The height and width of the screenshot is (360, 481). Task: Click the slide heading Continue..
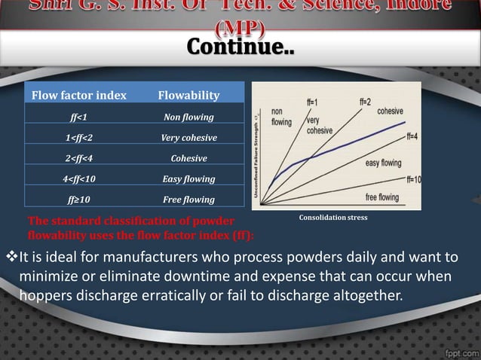(240, 49)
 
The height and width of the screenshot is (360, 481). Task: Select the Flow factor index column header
(78, 96)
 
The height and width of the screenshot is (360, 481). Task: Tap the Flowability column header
(188, 96)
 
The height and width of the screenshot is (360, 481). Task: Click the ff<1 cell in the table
(78, 117)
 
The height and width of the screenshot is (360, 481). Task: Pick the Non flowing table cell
(188, 117)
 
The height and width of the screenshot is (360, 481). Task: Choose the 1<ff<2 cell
(78, 139)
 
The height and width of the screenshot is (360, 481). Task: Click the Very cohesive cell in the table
(188, 139)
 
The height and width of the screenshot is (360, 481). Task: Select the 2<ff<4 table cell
(78, 159)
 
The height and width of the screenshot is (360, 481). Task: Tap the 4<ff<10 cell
(78, 179)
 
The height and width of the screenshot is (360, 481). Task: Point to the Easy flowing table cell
(188, 179)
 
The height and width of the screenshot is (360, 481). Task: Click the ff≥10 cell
(78, 200)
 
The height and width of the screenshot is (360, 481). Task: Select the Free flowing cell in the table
(188, 200)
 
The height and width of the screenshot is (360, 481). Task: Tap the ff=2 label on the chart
(365, 101)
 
